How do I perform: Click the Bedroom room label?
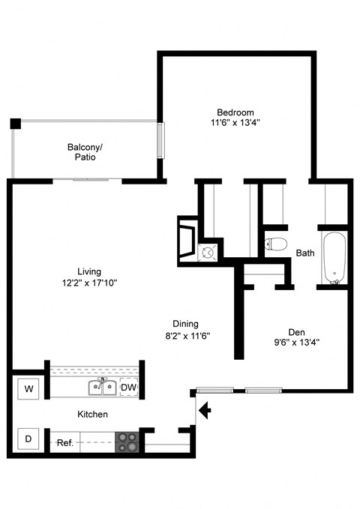(x=235, y=112)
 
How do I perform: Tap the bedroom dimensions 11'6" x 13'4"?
(x=235, y=123)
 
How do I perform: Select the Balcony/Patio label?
(x=85, y=152)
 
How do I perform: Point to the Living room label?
(x=89, y=271)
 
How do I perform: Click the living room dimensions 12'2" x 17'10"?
(x=89, y=283)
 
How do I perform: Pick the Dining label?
(x=185, y=324)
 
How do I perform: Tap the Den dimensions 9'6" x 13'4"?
(x=297, y=343)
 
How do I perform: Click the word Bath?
(x=305, y=253)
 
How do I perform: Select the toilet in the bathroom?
(x=275, y=244)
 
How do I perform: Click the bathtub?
(x=334, y=258)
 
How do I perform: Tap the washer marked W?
(x=28, y=388)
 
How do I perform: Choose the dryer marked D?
(x=28, y=439)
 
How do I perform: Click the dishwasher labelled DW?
(x=129, y=387)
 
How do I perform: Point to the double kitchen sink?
(x=102, y=387)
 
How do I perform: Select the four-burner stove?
(x=127, y=442)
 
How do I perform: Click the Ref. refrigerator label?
(x=65, y=443)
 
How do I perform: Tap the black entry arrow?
(x=205, y=410)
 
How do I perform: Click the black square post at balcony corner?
(x=15, y=124)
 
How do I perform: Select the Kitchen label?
(x=92, y=415)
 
